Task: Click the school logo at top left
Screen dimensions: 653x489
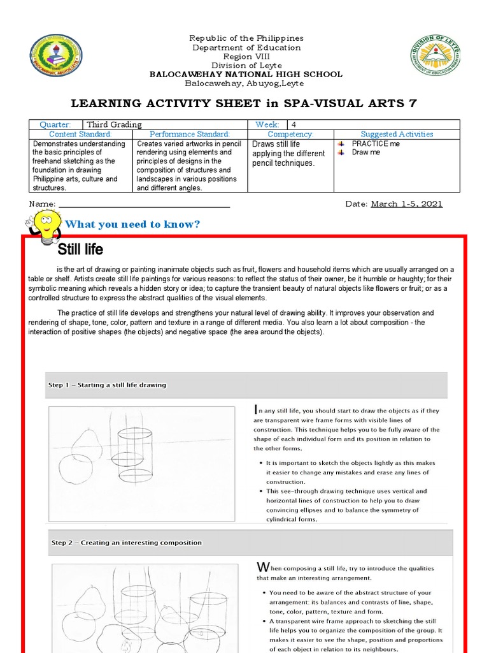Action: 55,54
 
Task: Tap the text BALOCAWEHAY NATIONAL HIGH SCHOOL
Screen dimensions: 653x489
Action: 245,74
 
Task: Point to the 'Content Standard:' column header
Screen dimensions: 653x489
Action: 81,135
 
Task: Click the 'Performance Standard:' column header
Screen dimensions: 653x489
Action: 189,135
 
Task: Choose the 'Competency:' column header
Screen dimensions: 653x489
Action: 290,135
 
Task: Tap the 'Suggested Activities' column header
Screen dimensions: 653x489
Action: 397,135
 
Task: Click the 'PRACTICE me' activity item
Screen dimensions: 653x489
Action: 376,144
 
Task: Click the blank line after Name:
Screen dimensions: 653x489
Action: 143,205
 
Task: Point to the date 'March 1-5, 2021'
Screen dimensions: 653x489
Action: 406,204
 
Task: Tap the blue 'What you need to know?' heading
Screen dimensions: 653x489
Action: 132,224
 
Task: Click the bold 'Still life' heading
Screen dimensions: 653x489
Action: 80,249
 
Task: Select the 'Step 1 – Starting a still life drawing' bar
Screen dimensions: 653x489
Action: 245,385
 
